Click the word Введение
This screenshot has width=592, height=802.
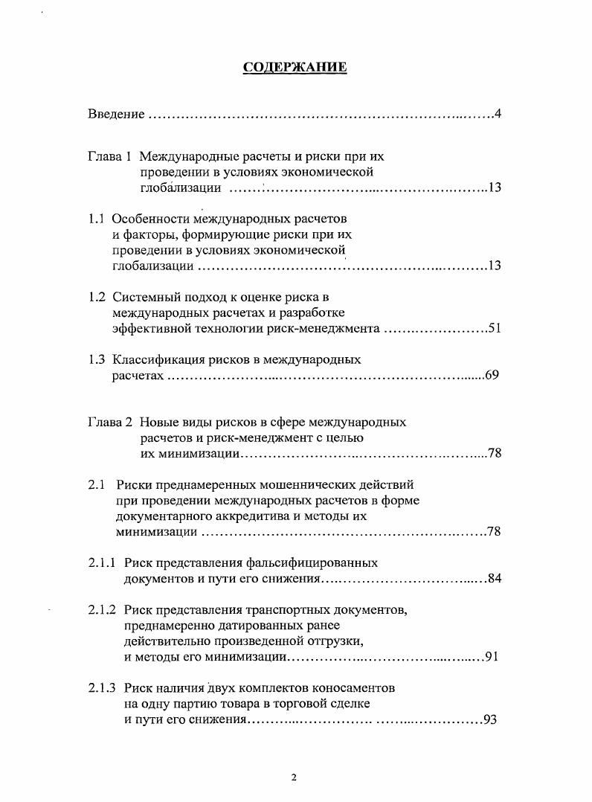pos(115,114)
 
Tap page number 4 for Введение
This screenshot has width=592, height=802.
pos(498,114)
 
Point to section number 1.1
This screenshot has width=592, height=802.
pos(96,219)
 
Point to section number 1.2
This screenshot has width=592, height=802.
pos(96,297)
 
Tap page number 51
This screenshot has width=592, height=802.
pos(495,328)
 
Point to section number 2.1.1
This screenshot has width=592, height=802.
pos(102,563)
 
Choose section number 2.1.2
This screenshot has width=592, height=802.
pos(102,610)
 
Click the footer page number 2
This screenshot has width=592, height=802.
pos(294,778)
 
